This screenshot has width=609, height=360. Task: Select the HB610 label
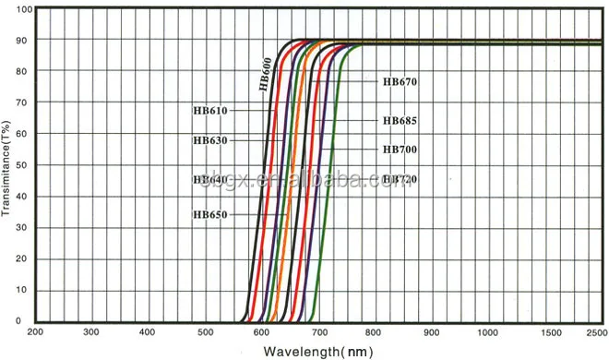click(x=210, y=110)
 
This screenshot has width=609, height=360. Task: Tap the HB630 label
click(x=210, y=140)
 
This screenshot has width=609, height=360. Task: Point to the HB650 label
click(x=210, y=214)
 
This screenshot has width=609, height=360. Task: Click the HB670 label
click(x=400, y=81)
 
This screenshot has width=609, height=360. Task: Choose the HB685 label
click(x=400, y=121)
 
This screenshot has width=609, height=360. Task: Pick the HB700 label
click(x=400, y=150)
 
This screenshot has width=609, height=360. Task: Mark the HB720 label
click(x=400, y=179)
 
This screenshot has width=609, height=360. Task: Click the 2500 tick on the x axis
click(x=595, y=330)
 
